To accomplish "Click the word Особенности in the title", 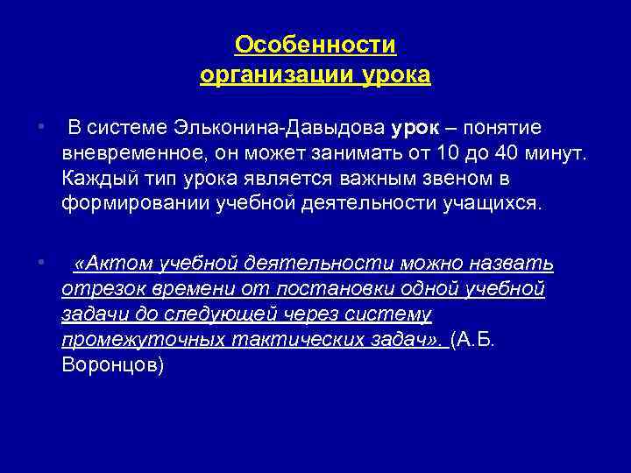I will (x=315, y=45).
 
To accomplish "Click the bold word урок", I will (x=415, y=129).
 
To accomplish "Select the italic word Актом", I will (x=114, y=264).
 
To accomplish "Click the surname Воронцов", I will (x=110, y=365).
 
